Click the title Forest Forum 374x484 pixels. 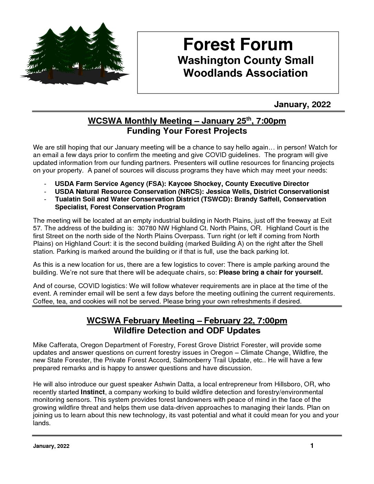[x=238, y=44]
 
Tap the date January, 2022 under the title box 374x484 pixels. [x=302, y=104]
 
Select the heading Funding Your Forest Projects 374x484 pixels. [x=187, y=131]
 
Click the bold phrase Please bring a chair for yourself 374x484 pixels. [x=271, y=273]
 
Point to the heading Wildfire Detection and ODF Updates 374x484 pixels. [x=187, y=331]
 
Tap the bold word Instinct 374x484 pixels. [x=92, y=392]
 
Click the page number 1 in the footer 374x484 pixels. [x=312, y=446]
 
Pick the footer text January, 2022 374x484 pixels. [x=51, y=447]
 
